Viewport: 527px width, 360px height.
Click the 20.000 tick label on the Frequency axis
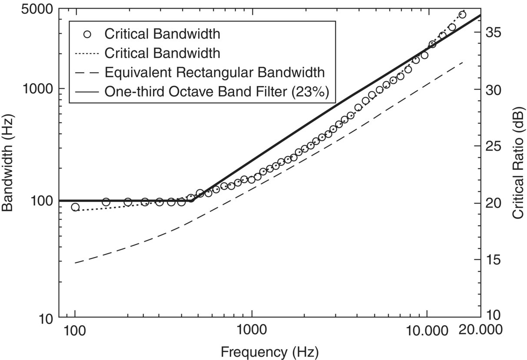(481, 330)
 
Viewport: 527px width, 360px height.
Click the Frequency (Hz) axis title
(269, 351)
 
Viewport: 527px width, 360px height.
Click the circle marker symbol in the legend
(87, 34)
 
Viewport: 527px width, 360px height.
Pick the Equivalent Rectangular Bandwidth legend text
(215, 72)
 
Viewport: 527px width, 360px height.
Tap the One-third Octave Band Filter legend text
(216, 92)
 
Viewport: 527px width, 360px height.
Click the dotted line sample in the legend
(87, 53)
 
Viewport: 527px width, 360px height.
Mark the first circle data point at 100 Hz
(75, 207)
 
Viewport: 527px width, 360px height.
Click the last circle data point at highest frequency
(462, 15)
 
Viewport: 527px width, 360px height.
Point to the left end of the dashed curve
(76, 263)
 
